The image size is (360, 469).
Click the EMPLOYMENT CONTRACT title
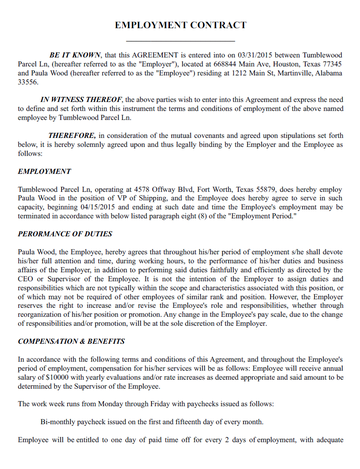coord(180,22)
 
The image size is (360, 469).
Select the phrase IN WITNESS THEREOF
coord(80,100)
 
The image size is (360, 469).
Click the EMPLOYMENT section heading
coord(44,172)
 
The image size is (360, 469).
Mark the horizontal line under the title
coord(180,38)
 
